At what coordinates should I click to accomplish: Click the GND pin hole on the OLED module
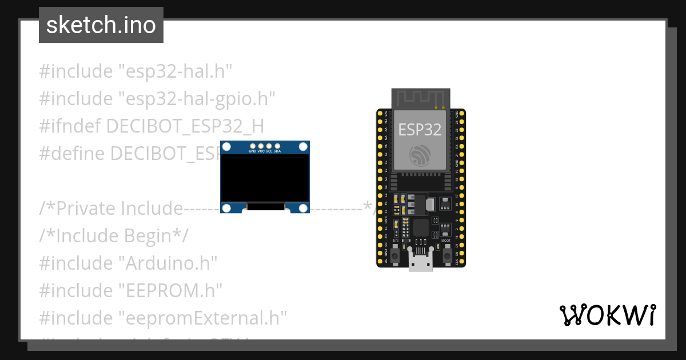(x=253, y=146)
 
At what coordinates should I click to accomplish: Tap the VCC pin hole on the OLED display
(x=261, y=146)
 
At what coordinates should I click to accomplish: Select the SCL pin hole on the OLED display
(x=269, y=146)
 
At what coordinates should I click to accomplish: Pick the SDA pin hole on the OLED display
(x=277, y=146)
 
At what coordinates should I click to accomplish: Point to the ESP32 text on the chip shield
(x=420, y=129)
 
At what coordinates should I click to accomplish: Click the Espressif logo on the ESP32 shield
(x=420, y=155)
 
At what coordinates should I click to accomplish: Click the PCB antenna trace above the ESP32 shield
(x=420, y=98)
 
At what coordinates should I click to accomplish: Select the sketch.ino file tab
(x=101, y=25)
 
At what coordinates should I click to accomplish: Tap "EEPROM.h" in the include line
(x=170, y=290)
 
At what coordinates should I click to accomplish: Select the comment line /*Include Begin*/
(x=113, y=235)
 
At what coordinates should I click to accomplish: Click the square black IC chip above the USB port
(x=421, y=227)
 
